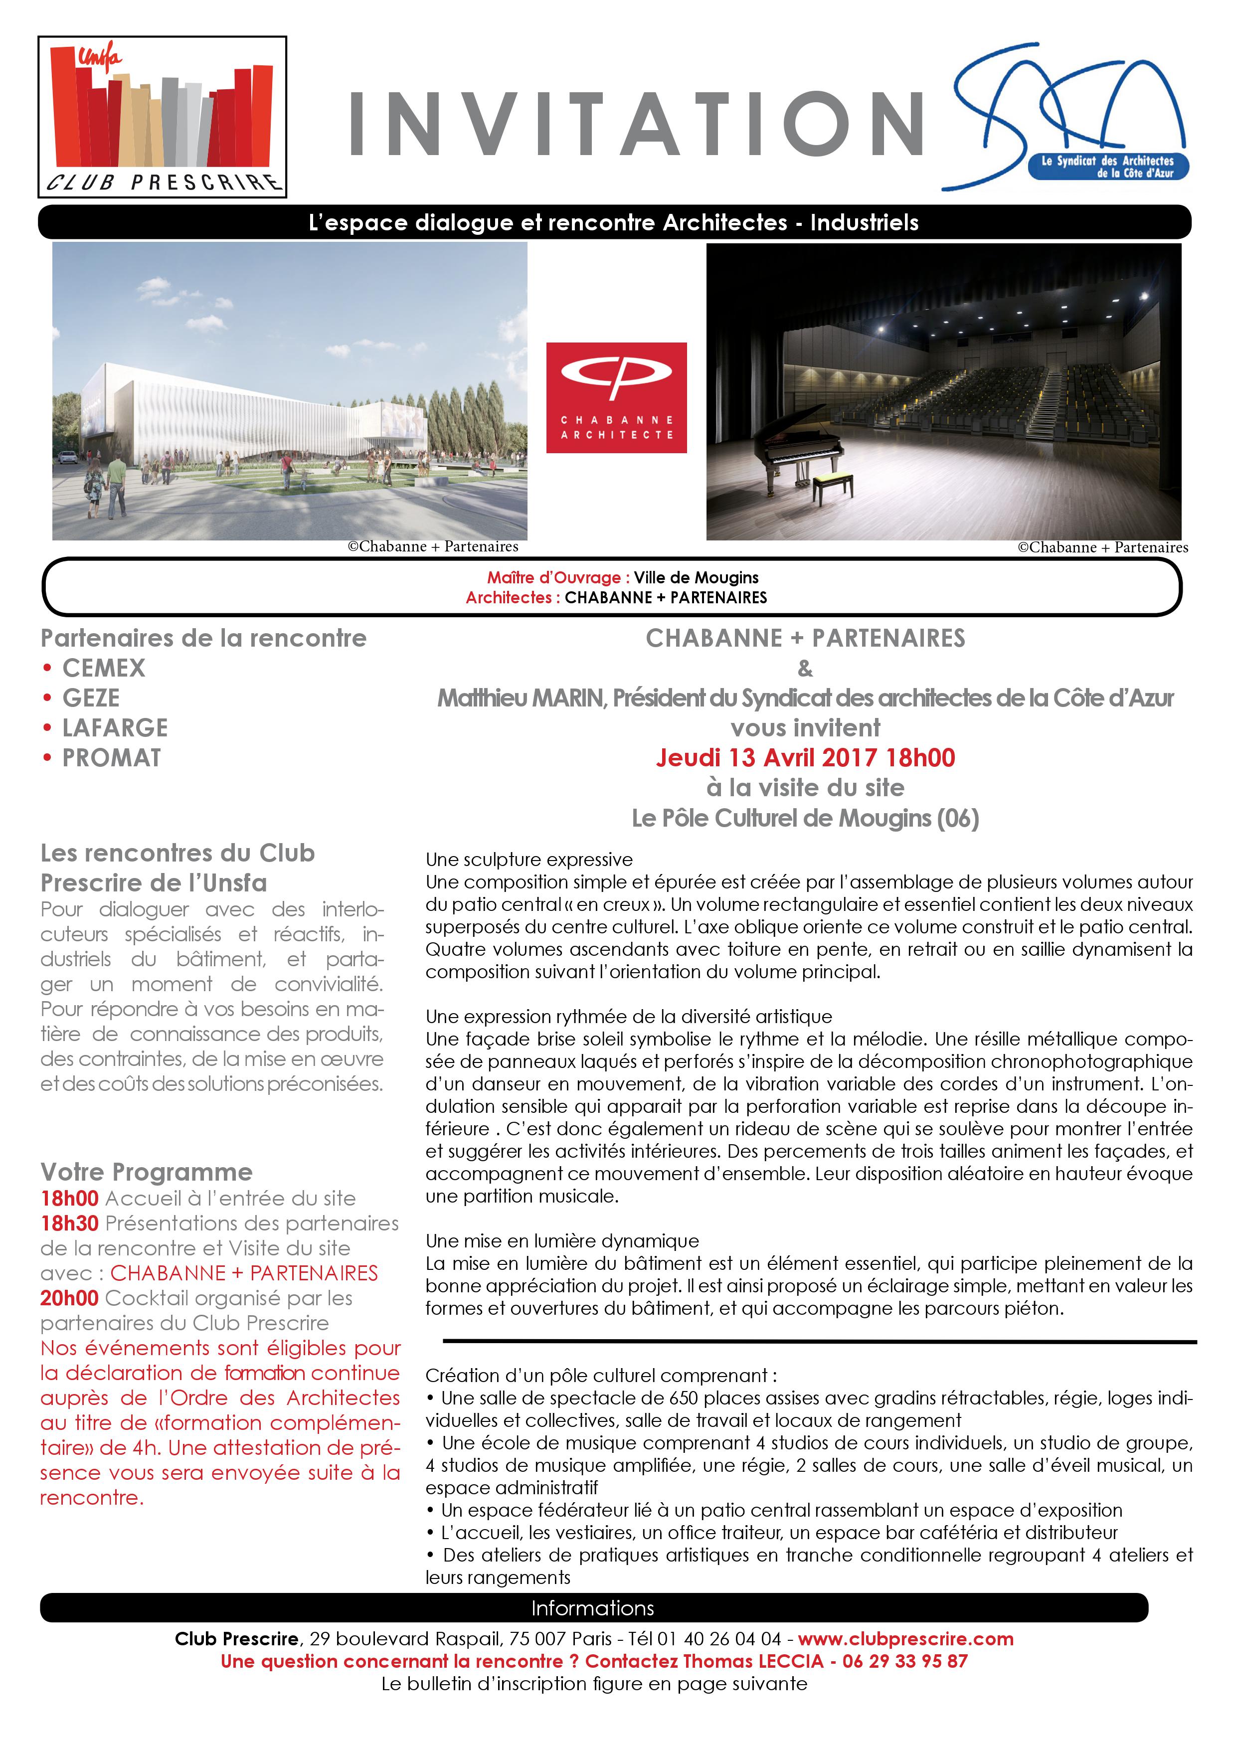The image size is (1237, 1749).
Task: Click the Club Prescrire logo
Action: (x=162, y=117)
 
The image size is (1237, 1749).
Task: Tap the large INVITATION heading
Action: (x=636, y=124)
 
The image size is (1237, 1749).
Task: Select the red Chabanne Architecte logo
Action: (x=616, y=398)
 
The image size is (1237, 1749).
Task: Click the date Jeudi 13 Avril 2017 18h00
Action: (x=805, y=758)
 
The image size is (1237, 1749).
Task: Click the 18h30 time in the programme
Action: (x=69, y=1224)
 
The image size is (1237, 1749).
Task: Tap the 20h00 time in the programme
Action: (x=69, y=1298)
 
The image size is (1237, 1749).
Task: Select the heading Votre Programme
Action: (x=146, y=1172)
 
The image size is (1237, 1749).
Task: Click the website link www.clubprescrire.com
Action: (x=905, y=1638)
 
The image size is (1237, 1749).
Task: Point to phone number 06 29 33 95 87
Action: (x=905, y=1661)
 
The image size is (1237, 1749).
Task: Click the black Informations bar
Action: (x=593, y=1608)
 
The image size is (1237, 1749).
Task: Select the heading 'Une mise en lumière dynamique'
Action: (x=562, y=1241)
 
